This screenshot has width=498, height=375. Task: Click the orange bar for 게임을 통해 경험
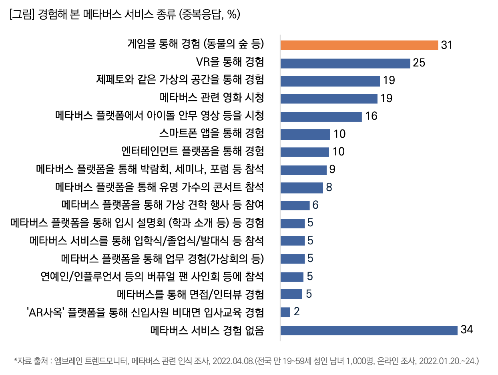point(359,45)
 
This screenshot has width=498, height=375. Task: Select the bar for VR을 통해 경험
point(345,63)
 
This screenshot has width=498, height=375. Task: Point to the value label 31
point(446,45)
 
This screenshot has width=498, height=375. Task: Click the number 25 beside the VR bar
point(419,63)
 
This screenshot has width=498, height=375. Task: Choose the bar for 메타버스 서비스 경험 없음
point(369,330)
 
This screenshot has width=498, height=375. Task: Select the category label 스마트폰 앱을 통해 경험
point(212,133)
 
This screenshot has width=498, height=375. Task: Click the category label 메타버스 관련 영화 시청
point(212,98)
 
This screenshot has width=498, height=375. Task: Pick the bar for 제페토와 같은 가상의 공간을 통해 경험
point(330,81)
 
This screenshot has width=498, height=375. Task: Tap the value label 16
point(371,116)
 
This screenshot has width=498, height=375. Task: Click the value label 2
point(297,312)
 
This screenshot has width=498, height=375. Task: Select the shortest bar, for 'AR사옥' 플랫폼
point(285,312)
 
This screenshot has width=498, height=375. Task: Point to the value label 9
point(332,169)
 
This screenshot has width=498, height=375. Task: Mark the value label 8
point(329,187)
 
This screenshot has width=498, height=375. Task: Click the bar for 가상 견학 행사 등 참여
point(295,205)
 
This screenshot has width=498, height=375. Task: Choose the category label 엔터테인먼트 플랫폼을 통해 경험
point(193,151)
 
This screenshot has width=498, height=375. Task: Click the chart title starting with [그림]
point(124,15)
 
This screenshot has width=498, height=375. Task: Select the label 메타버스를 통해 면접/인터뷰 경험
point(190,294)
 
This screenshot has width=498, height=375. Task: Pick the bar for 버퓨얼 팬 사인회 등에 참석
point(292,276)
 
